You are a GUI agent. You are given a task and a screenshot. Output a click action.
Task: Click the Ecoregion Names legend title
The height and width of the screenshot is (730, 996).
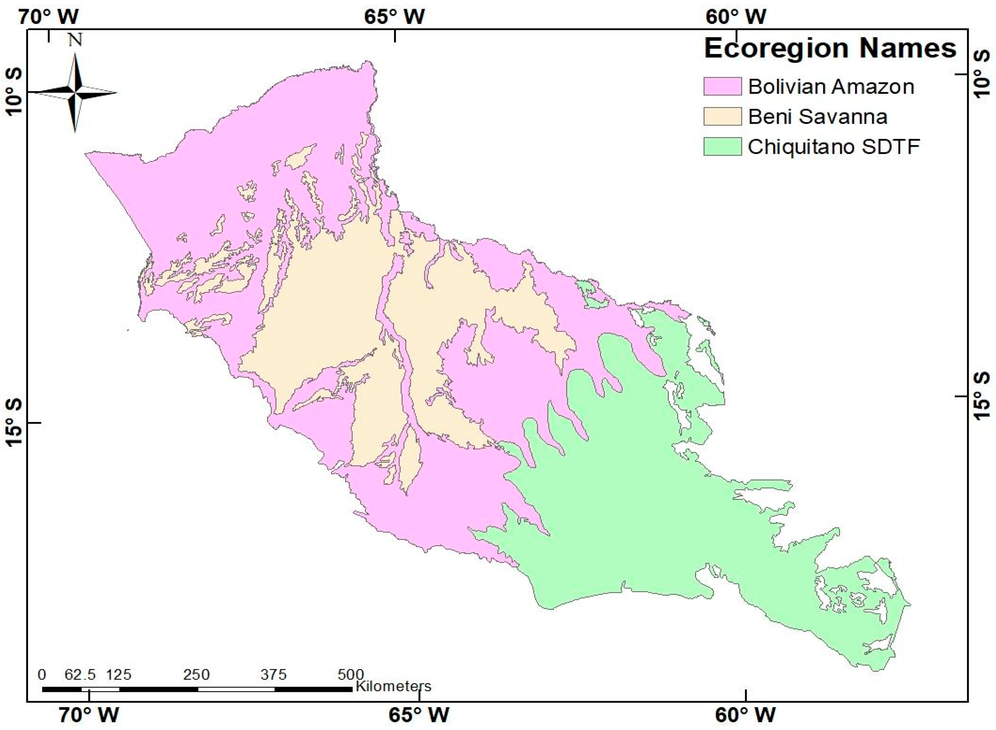(830, 49)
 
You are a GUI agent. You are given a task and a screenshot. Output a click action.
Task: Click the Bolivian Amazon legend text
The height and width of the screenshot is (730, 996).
(831, 87)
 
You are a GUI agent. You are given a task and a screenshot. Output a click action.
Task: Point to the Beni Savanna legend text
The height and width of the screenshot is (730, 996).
(818, 117)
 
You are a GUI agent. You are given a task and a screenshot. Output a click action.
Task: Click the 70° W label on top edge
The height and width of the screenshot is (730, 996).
(49, 17)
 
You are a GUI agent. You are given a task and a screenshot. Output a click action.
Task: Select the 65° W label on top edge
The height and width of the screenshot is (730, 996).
(394, 17)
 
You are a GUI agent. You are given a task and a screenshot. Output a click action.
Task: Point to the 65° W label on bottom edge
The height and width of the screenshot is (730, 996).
(419, 715)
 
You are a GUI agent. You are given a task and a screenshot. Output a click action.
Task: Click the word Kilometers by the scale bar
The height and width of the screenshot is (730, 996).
(393, 686)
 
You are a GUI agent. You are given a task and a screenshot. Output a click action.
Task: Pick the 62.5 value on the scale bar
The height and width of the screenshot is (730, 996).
(80, 675)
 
